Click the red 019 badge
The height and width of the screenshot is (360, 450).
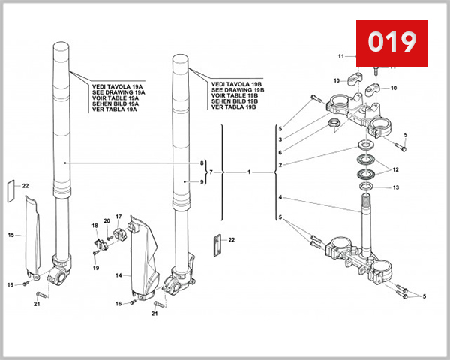(391, 41)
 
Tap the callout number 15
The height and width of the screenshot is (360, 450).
(11, 235)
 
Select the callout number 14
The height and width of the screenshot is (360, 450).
(118, 275)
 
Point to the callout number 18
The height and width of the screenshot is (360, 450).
(94, 226)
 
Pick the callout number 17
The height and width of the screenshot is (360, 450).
(118, 217)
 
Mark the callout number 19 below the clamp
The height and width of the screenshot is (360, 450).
(96, 267)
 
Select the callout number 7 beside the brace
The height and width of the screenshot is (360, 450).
(211, 172)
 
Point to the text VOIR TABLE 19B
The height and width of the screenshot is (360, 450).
(234, 96)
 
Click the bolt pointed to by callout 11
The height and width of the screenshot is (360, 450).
(372, 72)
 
